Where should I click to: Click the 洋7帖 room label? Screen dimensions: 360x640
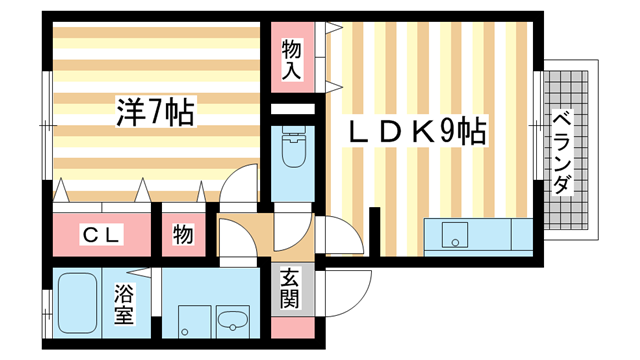pyautogui.click(x=154, y=110)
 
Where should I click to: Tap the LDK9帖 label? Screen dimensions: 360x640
pyautogui.click(x=417, y=131)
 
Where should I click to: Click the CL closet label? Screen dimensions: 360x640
pyautogui.click(x=101, y=235)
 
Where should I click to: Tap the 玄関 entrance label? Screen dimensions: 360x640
pyautogui.click(x=291, y=291)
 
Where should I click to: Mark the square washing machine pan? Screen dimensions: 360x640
pyautogui.click(x=189, y=322)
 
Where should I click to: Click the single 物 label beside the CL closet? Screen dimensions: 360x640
pyautogui.click(x=183, y=235)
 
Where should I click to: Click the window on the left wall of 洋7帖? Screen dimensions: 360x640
pyautogui.click(x=45, y=125)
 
